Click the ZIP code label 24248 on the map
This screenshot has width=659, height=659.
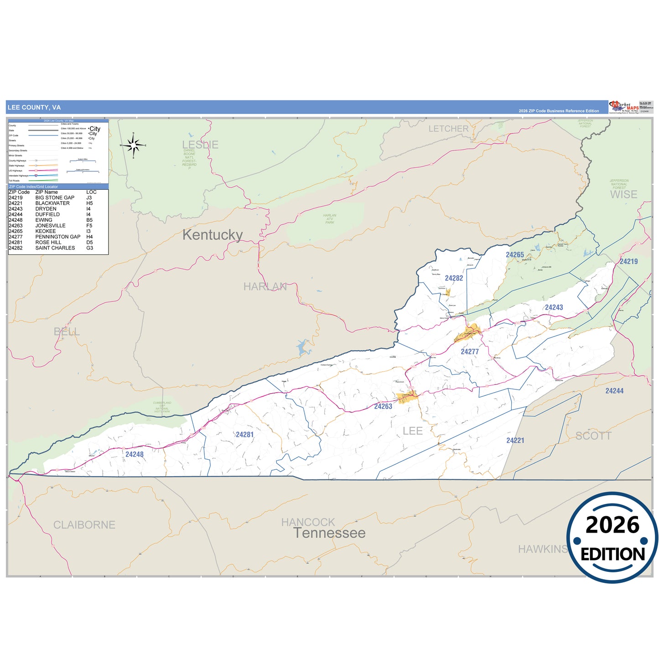tap(135, 454)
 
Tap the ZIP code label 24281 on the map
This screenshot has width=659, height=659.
tap(244, 435)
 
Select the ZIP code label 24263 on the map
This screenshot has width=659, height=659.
tap(383, 406)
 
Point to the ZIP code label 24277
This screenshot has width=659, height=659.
tap(470, 352)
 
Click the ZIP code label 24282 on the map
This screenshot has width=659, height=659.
tap(454, 278)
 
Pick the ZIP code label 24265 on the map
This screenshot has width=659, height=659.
tap(515, 255)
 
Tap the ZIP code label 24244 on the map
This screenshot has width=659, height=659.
tap(614, 391)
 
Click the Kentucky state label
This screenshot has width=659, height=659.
tap(213, 235)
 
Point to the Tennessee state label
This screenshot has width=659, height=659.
tap(329, 533)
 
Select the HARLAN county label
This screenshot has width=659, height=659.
tap(265, 286)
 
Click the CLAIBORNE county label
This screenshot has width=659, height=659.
tap(84, 525)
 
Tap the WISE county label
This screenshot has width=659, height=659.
tap(623, 195)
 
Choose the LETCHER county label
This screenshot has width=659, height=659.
tap(448, 129)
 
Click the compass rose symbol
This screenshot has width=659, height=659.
tap(133, 145)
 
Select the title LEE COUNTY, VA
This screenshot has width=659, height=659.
tap(34, 108)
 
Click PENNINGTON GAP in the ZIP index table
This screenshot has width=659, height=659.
tap(58, 237)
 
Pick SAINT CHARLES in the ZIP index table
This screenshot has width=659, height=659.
tap(55, 248)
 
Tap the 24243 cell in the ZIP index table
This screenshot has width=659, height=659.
tap(16, 209)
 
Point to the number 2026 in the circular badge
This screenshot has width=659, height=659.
tap(612, 525)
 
